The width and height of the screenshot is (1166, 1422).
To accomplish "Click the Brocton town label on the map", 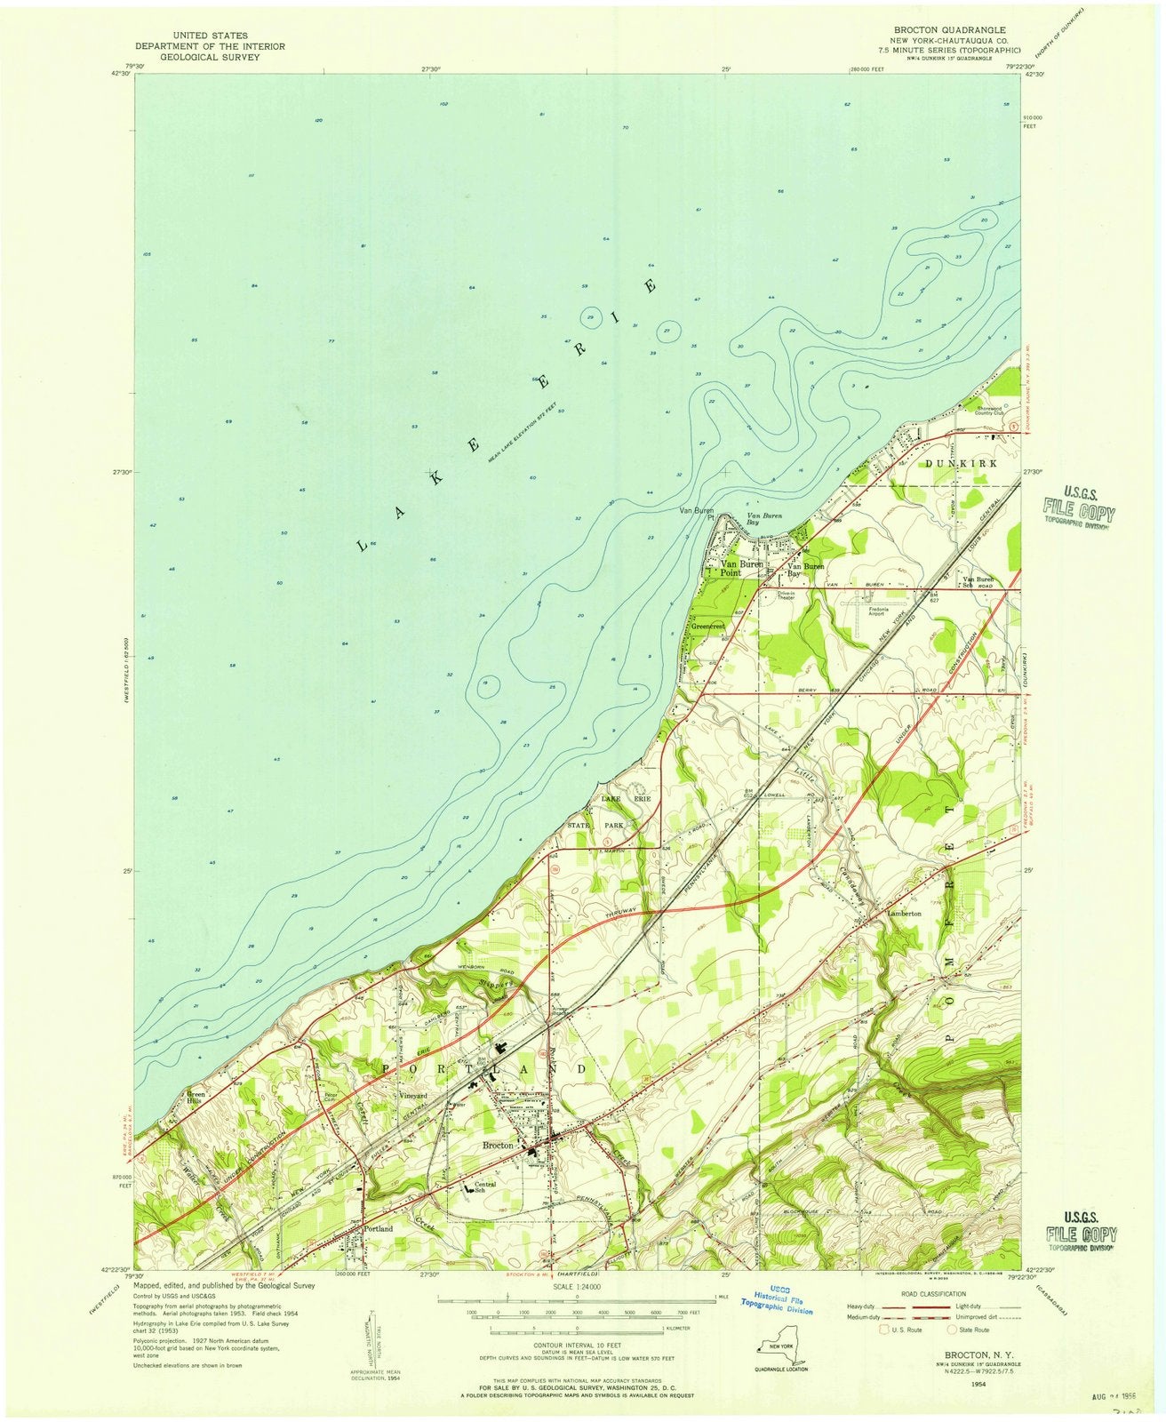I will [x=498, y=1146].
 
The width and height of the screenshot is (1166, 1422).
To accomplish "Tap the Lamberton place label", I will [x=902, y=913].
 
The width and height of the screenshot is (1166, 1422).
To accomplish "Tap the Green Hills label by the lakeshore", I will [x=196, y=1098].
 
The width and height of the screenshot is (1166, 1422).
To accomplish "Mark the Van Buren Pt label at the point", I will [x=697, y=515].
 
